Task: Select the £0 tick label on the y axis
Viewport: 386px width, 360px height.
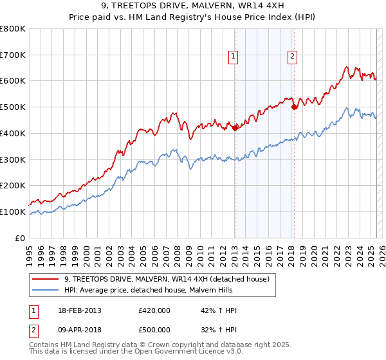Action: [x=19, y=238]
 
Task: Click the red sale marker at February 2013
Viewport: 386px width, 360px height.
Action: [x=235, y=128]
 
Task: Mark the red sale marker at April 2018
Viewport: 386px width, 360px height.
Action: [x=294, y=107]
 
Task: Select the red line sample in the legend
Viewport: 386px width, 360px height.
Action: [x=46, y=278]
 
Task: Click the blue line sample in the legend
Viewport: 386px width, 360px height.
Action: [x=46, y=289]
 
